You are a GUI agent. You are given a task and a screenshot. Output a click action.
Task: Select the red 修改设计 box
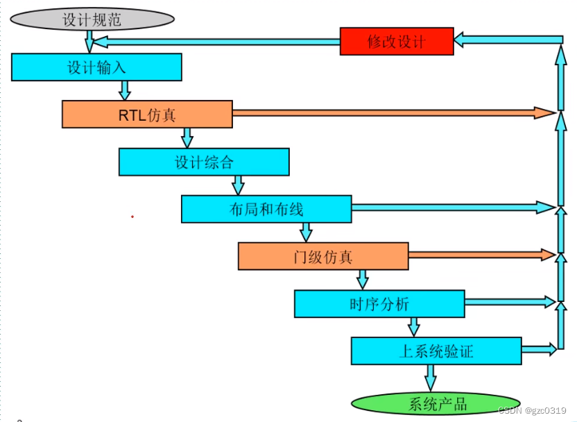pyautogui.click(x=396, y=42)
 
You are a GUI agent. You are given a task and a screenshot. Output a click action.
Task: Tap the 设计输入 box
pyautogui.click(x=96, y=67)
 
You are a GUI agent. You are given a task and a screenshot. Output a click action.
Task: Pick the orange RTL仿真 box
pyautogui.click(x=147, y=115)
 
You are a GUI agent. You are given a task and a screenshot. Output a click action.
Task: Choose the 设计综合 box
pyautogui.click(x=204, y=162)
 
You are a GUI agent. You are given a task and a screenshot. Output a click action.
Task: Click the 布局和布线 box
pyautogui.click(x=266, y=209)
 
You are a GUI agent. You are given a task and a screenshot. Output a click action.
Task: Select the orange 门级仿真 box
pyautogui.click(x=323, y=256)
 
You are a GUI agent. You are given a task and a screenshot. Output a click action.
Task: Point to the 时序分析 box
pyautogui.click(x=379, y=303)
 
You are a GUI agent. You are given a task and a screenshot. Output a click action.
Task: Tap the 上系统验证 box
pyautogui.click(x=436, y=351)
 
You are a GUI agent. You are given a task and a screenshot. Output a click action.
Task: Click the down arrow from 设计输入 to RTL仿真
pyautogui.click(x=125, y=90)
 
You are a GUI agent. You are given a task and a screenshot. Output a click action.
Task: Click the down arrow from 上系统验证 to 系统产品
pyautogui.click(x=430, y=378)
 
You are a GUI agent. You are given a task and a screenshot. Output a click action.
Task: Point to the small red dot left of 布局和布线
pyautogui.click(x=132, y=217)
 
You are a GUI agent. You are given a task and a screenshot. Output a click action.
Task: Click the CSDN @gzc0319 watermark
pyautogui.click(x=533, y=411)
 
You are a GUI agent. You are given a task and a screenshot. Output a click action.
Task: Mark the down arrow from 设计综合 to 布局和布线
pyautogui.click(x=238, y=185)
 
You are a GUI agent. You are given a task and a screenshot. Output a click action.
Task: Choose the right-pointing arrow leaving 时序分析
pyautogui.click(x=508, y=301)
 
